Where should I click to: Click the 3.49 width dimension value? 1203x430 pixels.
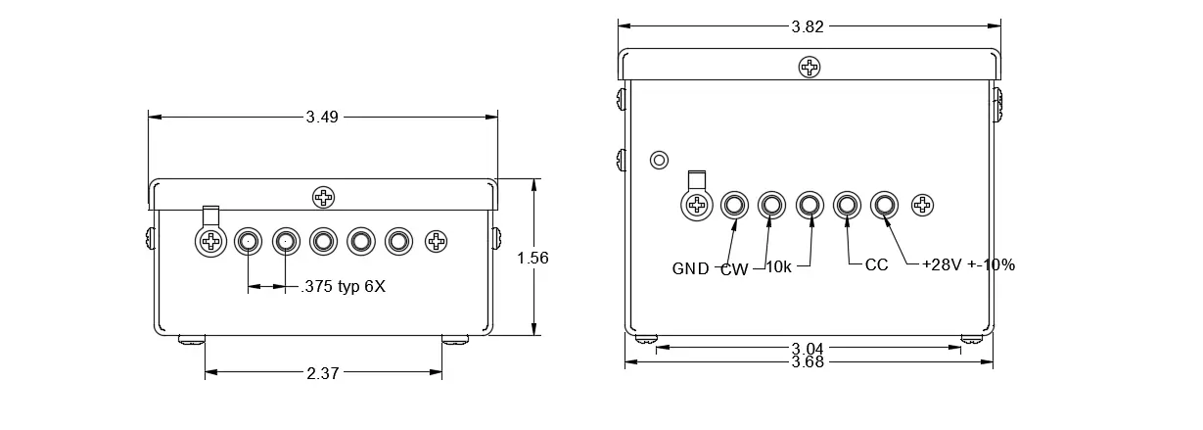322,117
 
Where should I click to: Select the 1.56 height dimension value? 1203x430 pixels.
532,258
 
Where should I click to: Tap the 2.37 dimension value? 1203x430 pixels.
323,373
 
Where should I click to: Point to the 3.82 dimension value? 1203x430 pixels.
808,26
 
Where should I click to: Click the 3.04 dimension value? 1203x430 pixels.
808,349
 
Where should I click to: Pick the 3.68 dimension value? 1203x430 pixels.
808,362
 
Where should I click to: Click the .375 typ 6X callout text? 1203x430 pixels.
344,286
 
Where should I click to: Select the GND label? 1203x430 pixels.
691,268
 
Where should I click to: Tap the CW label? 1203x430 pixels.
734,269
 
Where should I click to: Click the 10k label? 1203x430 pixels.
778,266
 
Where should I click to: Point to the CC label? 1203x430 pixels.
876,264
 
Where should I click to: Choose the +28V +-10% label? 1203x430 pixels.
968,264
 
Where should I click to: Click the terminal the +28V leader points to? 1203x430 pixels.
884,205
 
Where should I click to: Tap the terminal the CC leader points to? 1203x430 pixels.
847,205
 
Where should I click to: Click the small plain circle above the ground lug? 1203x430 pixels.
659,161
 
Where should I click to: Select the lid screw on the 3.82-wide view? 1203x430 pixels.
810,68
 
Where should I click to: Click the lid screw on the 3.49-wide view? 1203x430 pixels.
323,197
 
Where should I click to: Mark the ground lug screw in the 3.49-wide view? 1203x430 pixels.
210,241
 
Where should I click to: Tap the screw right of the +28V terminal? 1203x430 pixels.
923,205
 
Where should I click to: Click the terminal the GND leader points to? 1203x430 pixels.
734,205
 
